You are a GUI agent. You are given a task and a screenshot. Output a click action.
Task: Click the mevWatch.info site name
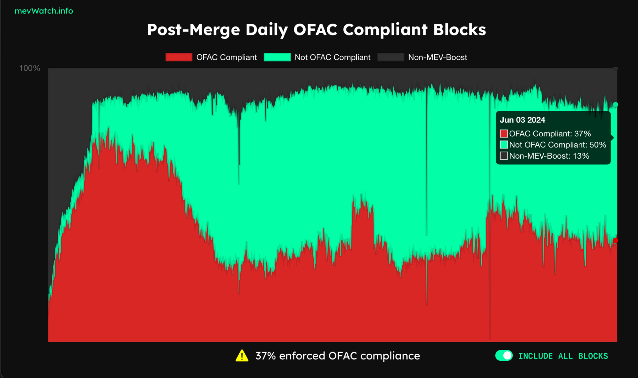coord(44,11)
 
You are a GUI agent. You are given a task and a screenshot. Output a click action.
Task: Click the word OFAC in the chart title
coord(315,30)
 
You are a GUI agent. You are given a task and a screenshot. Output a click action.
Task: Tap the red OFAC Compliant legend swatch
coord(179,57)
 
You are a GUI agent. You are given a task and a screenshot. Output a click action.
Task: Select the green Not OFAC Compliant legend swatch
coord(277,57)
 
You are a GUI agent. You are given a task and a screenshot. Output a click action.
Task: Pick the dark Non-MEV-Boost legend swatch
coord(390,57)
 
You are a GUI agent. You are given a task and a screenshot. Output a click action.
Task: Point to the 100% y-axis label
coord(30,68)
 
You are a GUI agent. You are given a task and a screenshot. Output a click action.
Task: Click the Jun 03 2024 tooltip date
coord(522,120)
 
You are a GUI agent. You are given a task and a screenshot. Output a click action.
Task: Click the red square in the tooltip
coord(504,134)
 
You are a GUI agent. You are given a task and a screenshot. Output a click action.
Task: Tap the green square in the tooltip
coord(504,145)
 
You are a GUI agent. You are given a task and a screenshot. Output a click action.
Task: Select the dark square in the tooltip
coord(504,156)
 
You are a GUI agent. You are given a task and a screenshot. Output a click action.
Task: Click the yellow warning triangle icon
coord(242,356)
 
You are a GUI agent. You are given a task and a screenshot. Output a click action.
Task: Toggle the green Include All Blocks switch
coord(504,356)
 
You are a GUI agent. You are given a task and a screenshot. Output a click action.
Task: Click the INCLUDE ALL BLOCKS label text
coord(563,356)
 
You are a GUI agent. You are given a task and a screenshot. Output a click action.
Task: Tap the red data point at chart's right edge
coord(615,240)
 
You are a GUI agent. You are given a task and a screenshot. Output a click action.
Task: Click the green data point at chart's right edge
coord(615,105)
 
